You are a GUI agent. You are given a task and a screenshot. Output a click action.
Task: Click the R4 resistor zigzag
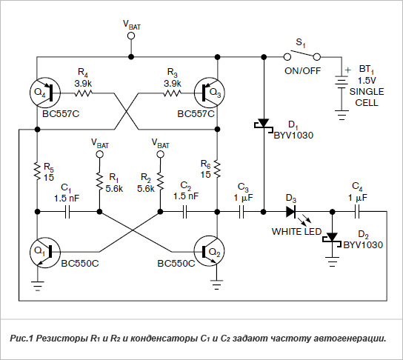(x=83, y=93)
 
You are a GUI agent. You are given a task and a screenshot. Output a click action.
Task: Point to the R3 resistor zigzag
(x=172, y=93)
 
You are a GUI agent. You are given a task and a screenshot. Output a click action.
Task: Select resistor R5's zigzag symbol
(x=38, y=171)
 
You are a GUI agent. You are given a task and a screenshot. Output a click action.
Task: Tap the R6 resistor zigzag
(x=218, y=169)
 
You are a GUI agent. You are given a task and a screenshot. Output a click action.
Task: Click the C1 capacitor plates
(x=67, y=212)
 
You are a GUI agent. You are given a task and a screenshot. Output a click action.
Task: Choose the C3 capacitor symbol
(x=242, y=212)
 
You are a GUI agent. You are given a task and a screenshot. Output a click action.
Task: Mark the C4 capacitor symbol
(x=357, y=212)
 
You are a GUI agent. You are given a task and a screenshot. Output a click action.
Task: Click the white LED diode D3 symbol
(x=291, y=212)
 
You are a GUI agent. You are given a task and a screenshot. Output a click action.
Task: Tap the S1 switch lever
(x=302, y=53)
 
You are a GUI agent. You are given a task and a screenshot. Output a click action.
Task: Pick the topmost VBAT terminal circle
(x=131, y=36)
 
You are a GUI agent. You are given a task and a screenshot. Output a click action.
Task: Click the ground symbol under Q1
(x=38, y=286)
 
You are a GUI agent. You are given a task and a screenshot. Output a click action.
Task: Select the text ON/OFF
(x=303, y=70)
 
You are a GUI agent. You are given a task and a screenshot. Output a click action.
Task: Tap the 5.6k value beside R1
(x=114, y=189)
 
